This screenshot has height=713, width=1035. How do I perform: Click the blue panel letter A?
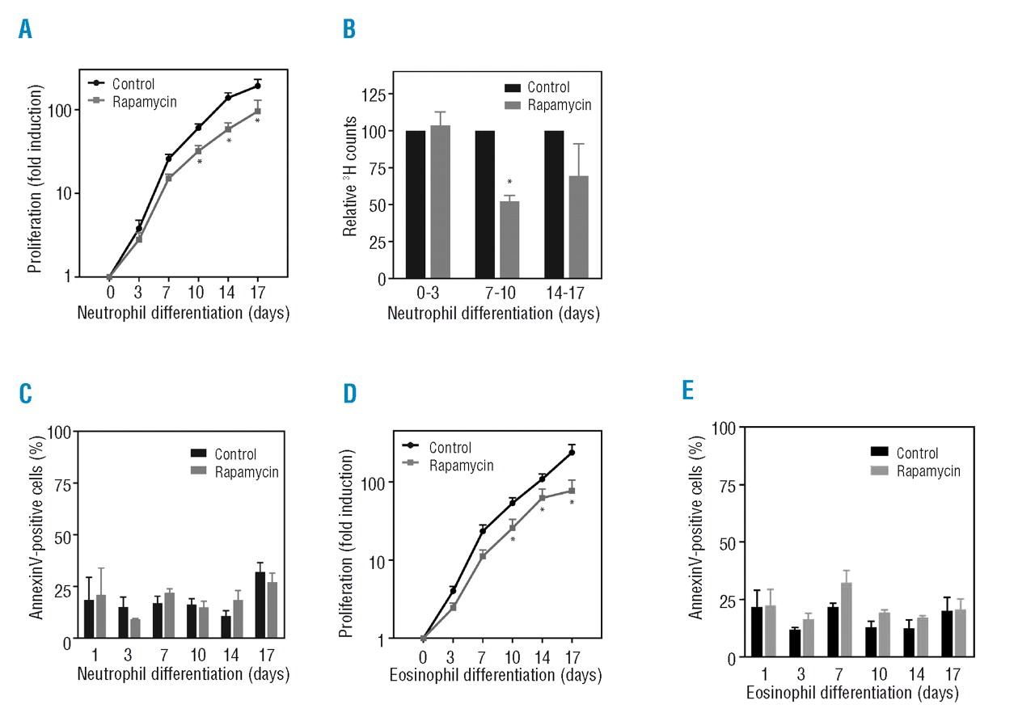click(26, 30)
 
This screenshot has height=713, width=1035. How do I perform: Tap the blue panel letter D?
click(349, 394)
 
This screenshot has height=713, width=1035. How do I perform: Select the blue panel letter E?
click(687, 391)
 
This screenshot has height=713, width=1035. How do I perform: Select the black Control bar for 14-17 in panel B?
click(554, 205)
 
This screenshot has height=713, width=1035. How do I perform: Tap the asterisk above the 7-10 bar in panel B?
click(509, 183)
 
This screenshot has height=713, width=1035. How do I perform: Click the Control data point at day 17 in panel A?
click(257, 85)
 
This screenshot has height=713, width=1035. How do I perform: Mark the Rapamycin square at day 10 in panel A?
click(198, 151)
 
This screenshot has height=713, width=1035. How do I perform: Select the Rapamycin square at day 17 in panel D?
click(572, 491)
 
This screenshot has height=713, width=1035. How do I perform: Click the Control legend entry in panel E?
click(916, 454)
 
